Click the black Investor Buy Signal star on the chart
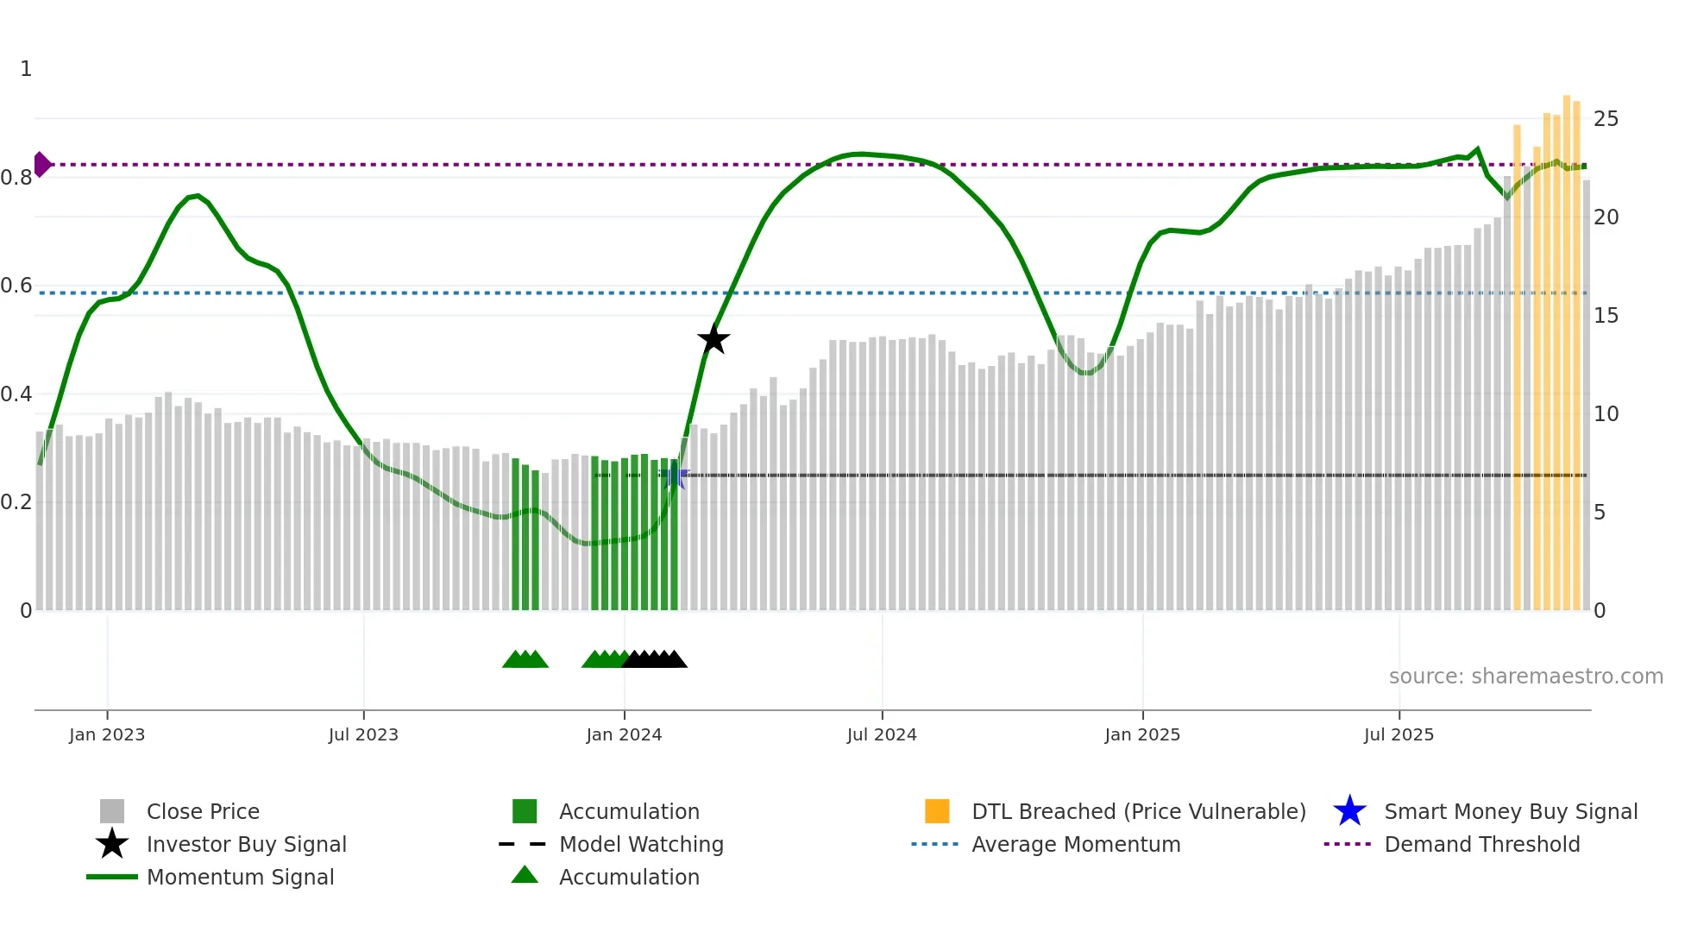[713, 339]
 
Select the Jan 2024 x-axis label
[624, 734]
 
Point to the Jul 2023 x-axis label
[363, 734]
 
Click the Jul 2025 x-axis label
[1399, 734]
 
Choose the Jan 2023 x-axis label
[107, 734]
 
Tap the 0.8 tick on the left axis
[16, 178]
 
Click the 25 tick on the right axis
[1606, 119]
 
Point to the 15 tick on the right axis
[1606, 316]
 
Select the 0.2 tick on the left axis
[16, 502]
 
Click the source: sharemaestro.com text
[1525, 677]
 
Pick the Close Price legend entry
[203, 811]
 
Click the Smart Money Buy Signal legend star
[1349, 811]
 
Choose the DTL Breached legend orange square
[937, 811]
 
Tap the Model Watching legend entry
[641, 844]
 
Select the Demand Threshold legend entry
[1481, 844]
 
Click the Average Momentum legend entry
[1076, 844]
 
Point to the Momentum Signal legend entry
[240, 877]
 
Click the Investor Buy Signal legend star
[112, 844]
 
